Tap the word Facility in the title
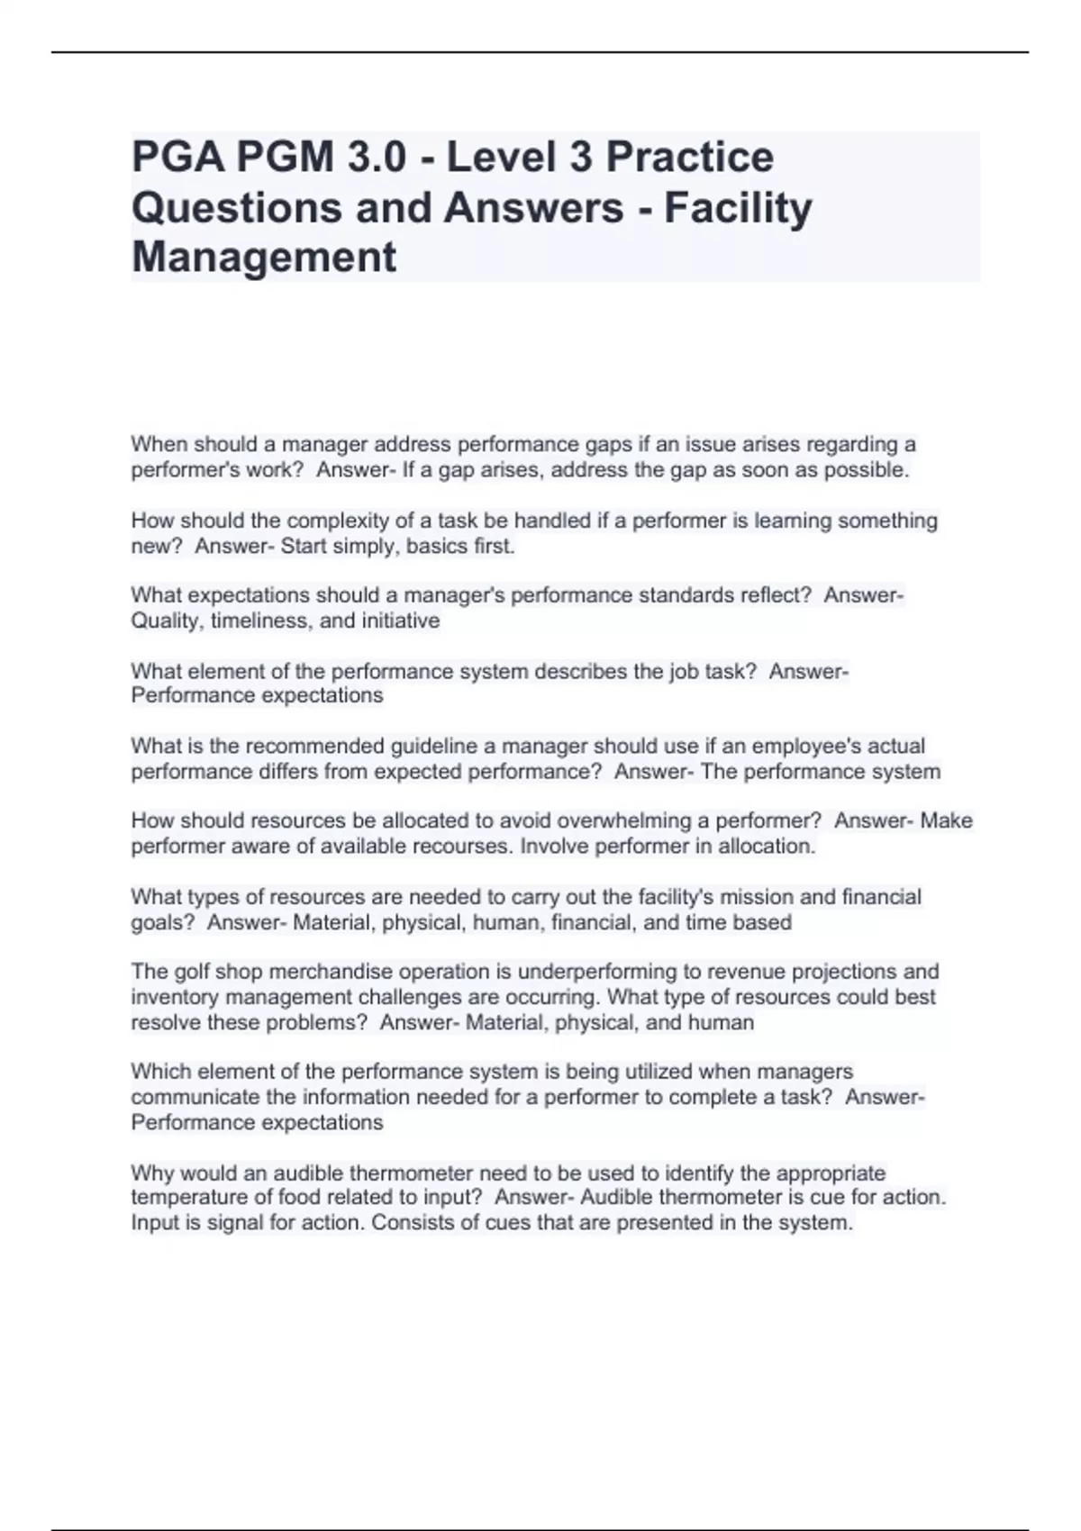[738, 208]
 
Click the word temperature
[188, 1198]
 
